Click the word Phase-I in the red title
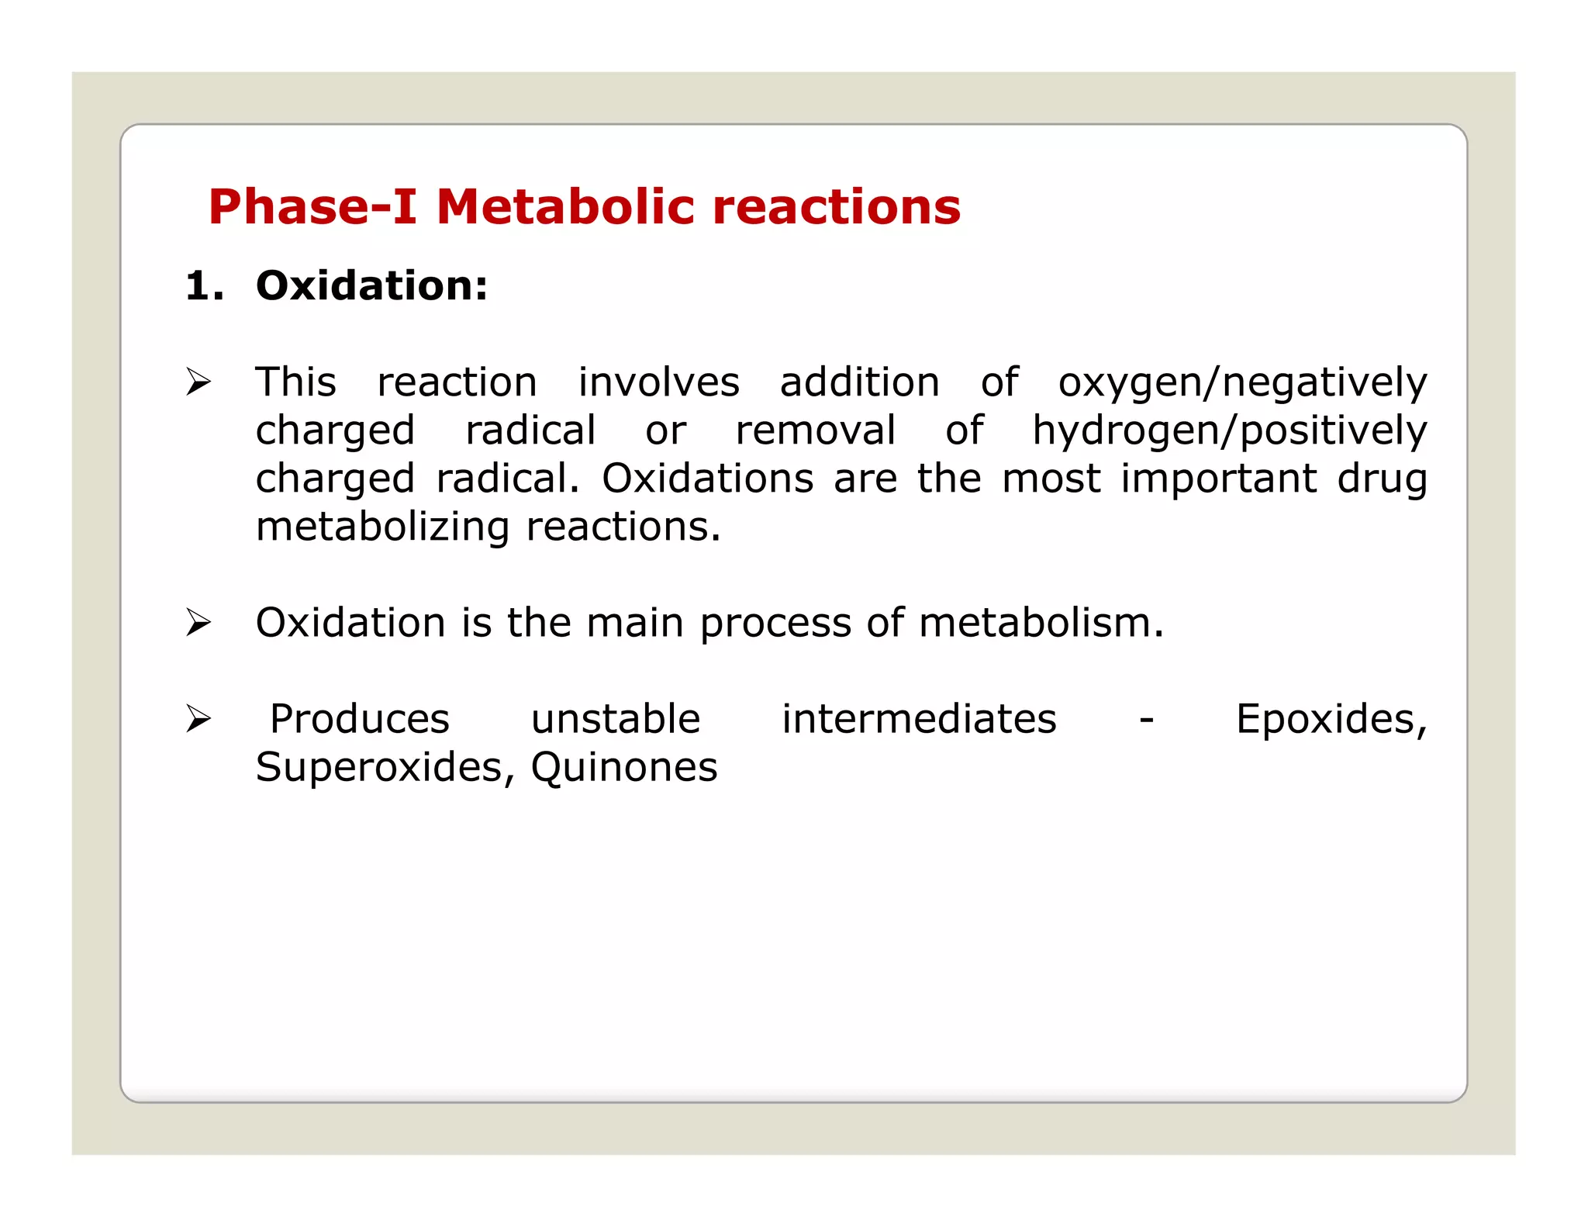coord(312,207)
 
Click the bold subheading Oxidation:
coord(372,286)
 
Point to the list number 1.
coord(204,286)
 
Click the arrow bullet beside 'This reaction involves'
coord(198,382)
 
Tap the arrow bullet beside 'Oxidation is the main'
coord(198,623)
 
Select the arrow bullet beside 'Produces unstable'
coord(198,719)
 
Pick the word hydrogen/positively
coord(1229,431)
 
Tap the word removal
coord(815,431)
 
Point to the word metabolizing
coord(382,527)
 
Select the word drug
coord(1382,479)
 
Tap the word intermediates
coord(919,720)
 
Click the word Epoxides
coord(1331,720)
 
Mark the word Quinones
coord(624,768)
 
